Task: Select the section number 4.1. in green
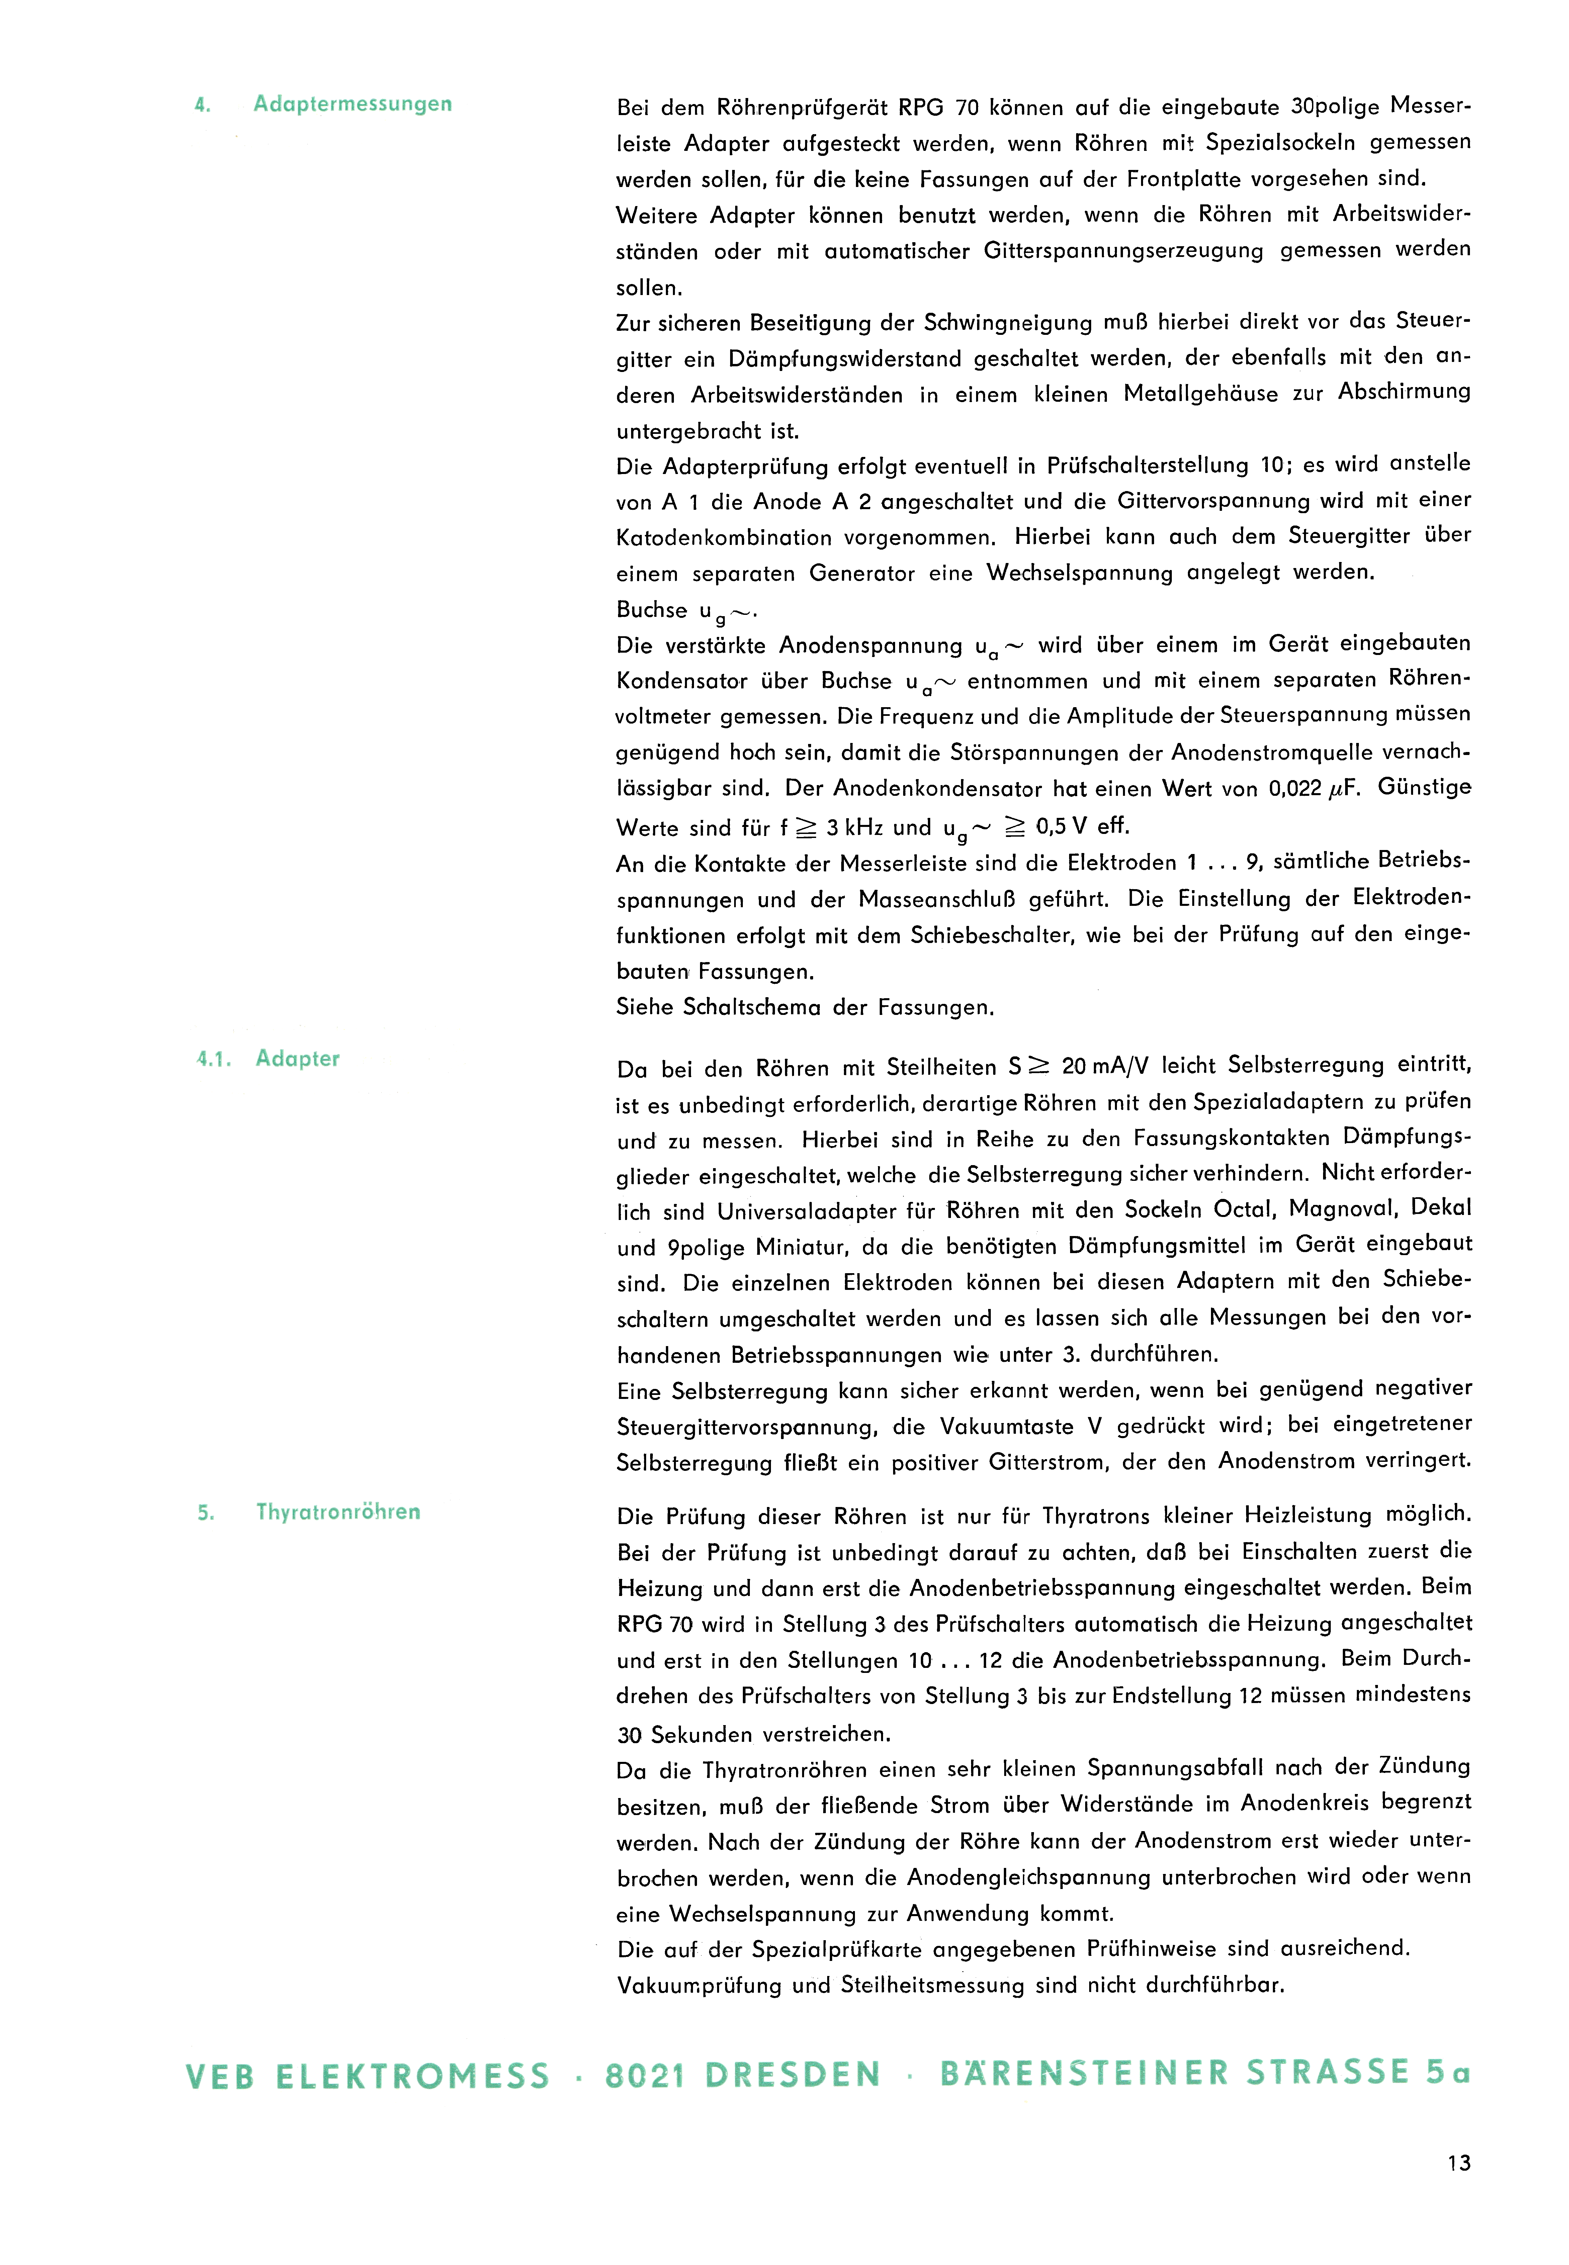point(213,1059)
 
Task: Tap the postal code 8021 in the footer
point(645,2075)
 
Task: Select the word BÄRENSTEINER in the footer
point(1084,2073)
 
